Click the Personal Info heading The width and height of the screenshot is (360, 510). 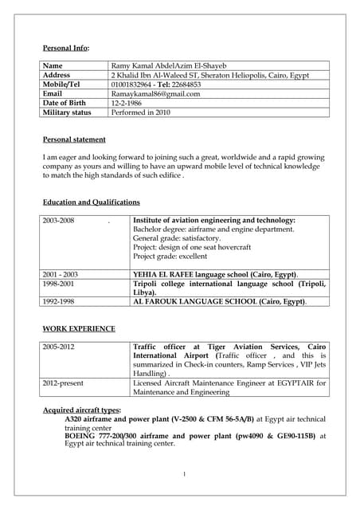(66, 49)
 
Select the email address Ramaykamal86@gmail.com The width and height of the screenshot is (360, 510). (156, 94)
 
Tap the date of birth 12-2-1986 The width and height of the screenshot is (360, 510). (128, 104)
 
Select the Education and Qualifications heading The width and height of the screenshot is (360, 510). (92, 202)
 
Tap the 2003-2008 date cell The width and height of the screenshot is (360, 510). (59, 220)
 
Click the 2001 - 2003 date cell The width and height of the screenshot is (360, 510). (61, 274)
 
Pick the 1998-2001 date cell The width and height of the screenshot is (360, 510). (59, 284)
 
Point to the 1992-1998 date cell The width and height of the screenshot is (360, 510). (59, 302)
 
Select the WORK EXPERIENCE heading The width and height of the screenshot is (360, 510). (79, 328)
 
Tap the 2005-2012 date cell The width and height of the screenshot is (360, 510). (59, 347)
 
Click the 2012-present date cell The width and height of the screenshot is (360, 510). (64, 383)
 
